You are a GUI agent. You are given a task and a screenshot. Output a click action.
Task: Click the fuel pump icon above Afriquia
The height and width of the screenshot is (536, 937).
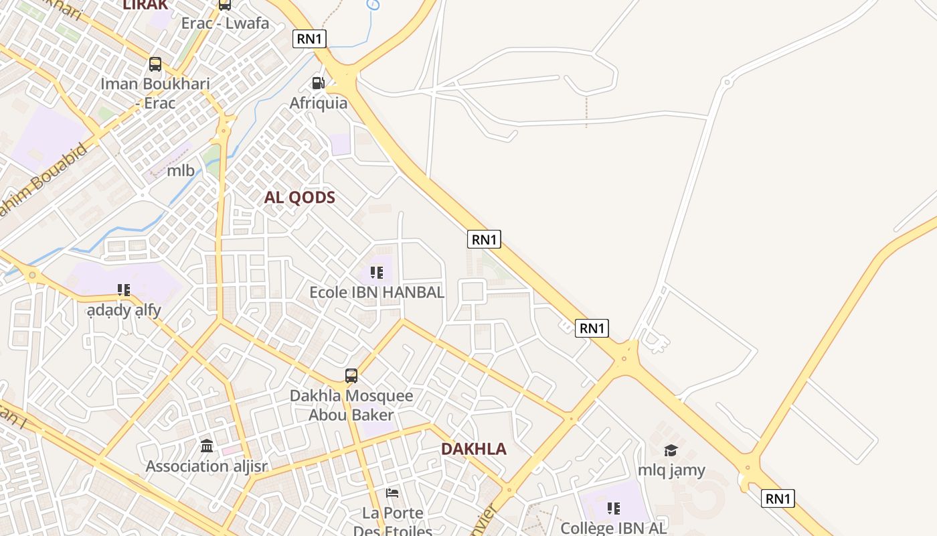tap(319, 83)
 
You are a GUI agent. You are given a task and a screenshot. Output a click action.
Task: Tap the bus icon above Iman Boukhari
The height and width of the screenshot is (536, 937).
tap(155, 64)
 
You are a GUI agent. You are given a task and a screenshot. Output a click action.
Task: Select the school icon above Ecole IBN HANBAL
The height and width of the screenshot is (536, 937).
tap(377, 273)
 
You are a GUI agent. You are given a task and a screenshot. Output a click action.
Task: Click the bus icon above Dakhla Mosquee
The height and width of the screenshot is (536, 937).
tap(351, 376)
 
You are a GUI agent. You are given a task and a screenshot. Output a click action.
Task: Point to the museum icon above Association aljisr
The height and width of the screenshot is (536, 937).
tap(207, 446)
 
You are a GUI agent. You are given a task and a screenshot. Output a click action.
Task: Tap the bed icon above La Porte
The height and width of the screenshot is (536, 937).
tap(393, 494)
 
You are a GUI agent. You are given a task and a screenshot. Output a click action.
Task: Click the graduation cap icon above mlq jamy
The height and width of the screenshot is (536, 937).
tap(671, 450)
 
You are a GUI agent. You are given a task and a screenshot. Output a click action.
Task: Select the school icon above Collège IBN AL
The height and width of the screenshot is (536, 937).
tap(614, 509)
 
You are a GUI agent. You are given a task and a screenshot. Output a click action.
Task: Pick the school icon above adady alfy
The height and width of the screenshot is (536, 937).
tap(124, 290)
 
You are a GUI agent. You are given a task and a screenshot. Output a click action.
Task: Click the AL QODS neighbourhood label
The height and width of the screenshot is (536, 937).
tap(299, 198)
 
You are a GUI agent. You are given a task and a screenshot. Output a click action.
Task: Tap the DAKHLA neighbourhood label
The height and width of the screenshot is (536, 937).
tap(474, 449)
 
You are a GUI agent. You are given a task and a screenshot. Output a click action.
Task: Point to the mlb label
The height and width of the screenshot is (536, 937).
tap(181, 171)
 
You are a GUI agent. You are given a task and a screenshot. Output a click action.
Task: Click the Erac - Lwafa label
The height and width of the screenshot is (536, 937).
tap(225, 23)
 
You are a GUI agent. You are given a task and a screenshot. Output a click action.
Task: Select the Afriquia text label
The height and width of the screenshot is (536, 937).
tap(319, 103)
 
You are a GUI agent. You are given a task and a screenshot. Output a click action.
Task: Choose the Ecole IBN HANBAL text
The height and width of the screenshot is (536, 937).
tap(377, 293)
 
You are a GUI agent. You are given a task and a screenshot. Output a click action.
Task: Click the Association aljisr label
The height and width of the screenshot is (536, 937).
tap(207, 466)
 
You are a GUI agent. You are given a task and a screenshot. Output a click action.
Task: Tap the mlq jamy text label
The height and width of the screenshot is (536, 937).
tap(671, 470)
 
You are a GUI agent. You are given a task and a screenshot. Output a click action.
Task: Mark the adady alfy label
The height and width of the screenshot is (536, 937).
tap(124, 311)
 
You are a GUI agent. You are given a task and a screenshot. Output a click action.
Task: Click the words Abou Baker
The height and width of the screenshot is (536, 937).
tap(351, 415)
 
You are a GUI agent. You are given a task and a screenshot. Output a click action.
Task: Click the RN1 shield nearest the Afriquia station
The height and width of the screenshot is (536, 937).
tap(309, 39)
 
